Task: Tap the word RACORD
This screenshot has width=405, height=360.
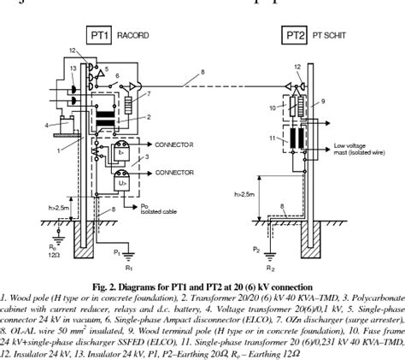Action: click(x=132, y=36)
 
